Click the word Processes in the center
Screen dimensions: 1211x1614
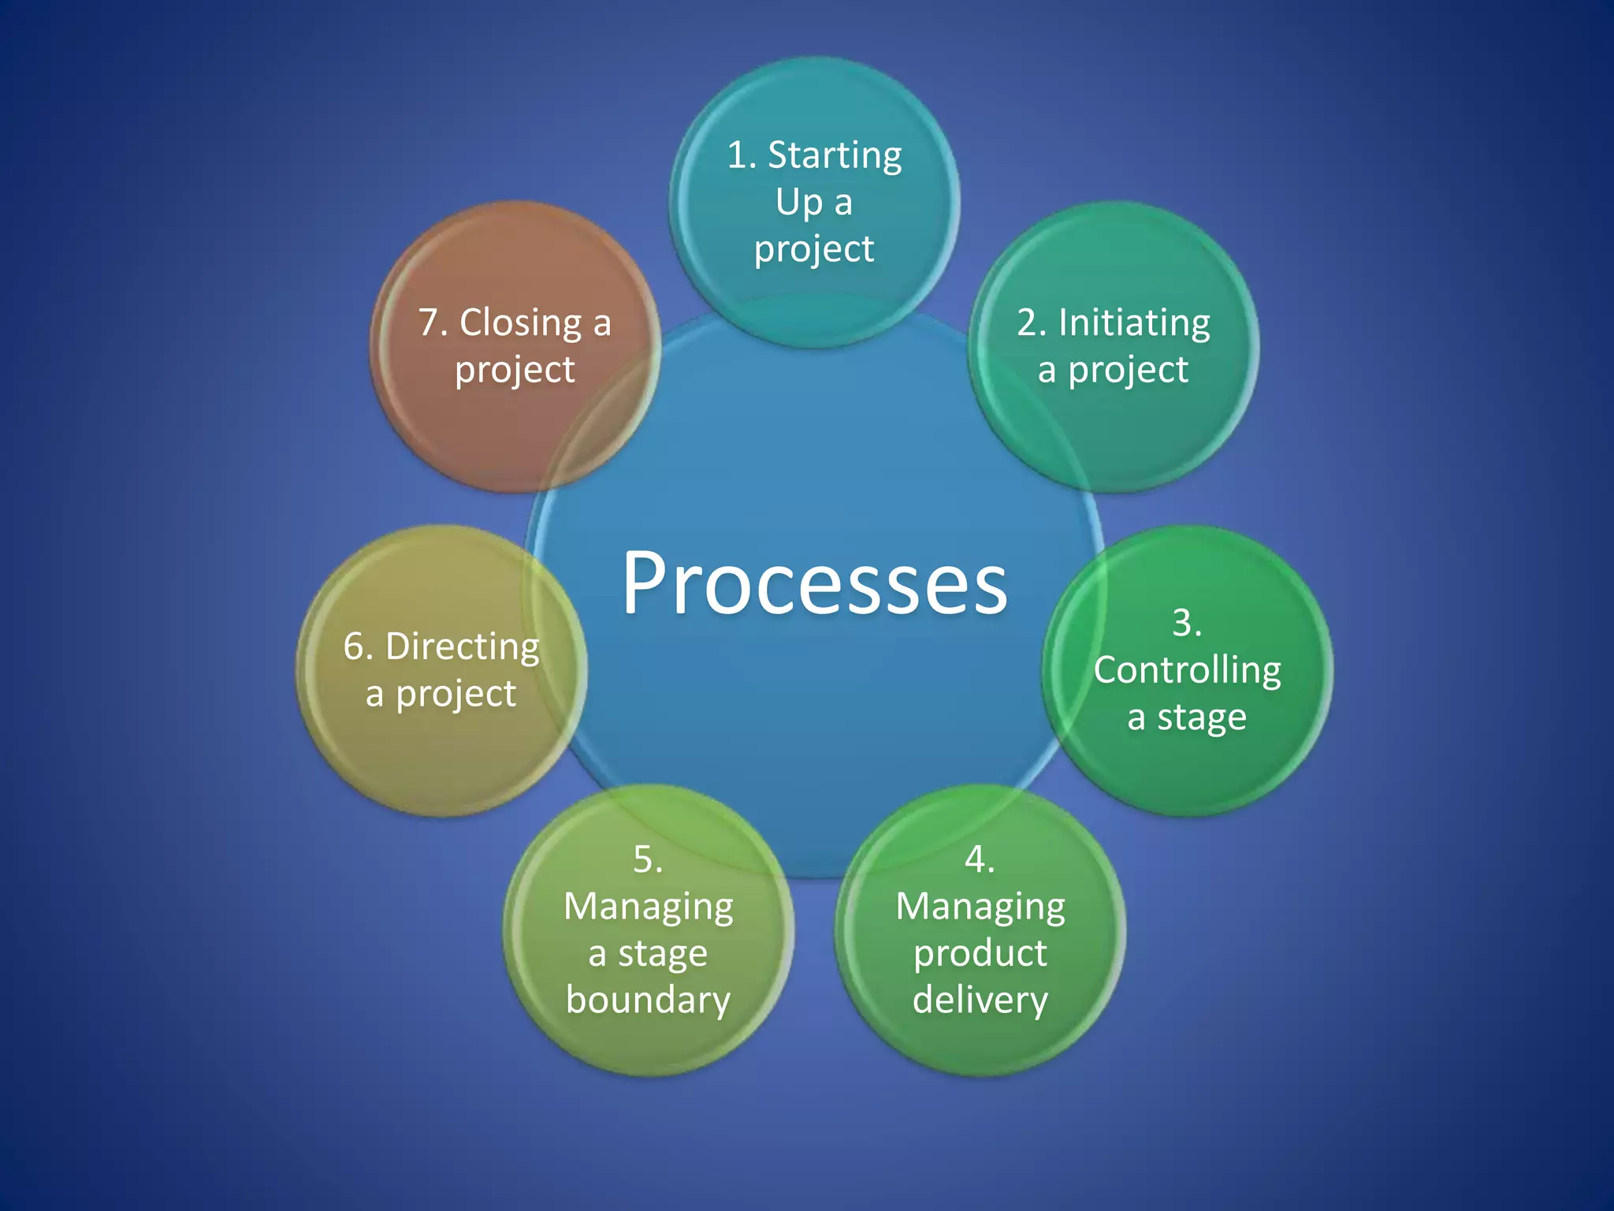point(814,583)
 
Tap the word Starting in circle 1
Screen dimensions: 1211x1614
point(835,156)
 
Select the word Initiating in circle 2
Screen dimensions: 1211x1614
point(1134,323)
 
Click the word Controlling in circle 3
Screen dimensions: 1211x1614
point(1187,671)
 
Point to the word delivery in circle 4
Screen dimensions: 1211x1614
point(980,1000)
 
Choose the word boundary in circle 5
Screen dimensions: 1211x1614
point(648,1000)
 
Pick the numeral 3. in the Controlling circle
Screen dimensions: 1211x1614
point(1187,623)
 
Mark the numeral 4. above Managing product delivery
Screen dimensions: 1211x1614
point(980,859)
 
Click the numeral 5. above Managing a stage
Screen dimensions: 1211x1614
point(648,859)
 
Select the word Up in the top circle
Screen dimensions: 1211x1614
point(798,203)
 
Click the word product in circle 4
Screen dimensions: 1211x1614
point(980,954)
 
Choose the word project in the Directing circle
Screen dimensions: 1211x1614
point(456,695)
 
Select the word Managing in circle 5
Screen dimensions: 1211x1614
point(648,907)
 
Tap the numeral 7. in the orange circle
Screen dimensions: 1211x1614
point(433,323)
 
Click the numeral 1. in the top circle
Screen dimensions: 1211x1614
point(741,155)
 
